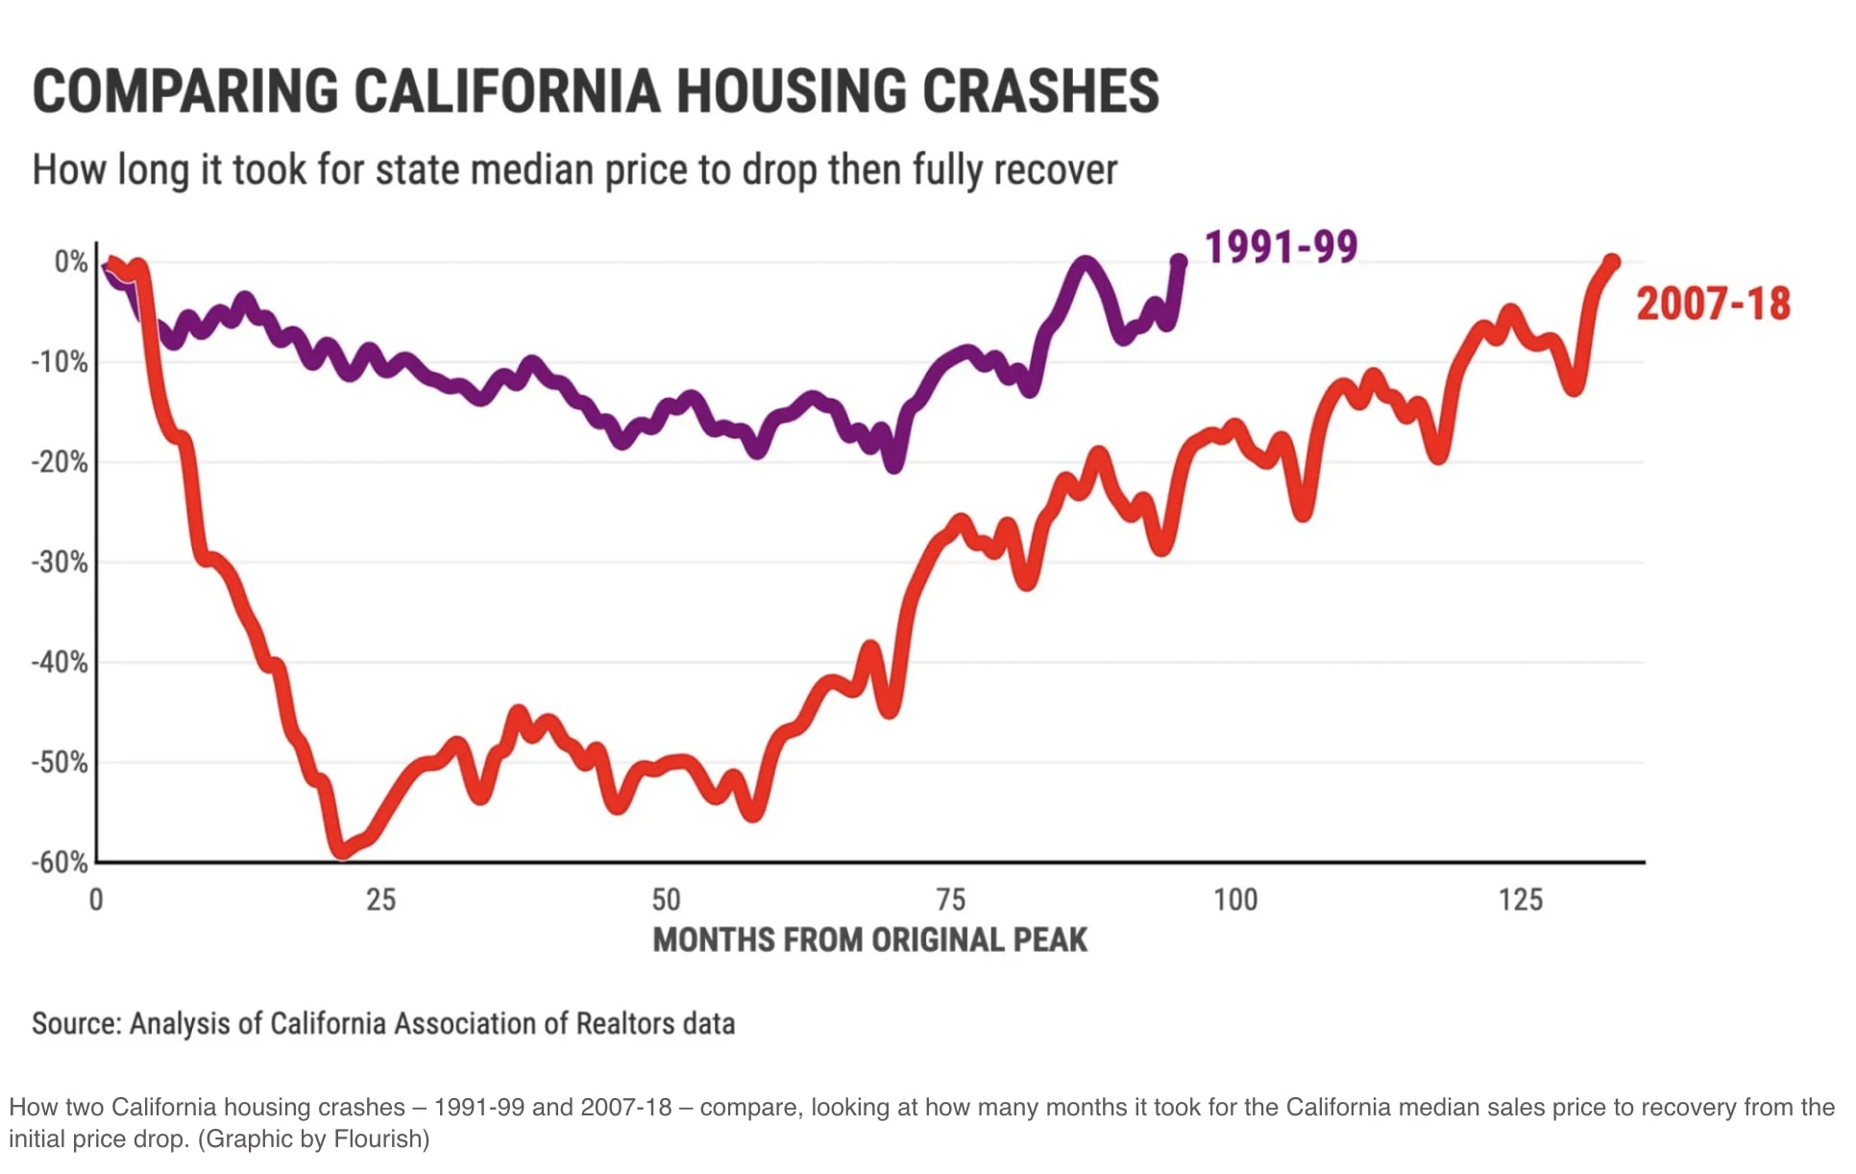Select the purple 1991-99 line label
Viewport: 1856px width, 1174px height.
point(1281,247)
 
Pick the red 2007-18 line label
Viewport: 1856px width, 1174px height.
point(1713,304)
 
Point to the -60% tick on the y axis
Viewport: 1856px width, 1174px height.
point(60,862)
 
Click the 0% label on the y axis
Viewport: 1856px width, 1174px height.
point(70,261)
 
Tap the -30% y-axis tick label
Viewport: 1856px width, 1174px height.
point(60,562)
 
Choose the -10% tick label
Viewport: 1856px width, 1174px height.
point(60,362)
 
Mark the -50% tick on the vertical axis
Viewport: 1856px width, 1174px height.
point(60,762)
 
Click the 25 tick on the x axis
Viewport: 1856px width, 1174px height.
point(380,900)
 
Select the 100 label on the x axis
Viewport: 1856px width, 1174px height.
point(1234,900)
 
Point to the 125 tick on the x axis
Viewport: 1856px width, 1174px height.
point(1520,900)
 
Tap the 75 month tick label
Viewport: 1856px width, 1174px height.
point(950,900)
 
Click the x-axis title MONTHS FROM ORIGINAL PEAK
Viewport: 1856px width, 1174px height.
point(869,940)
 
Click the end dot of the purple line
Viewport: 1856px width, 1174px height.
point(1179,260)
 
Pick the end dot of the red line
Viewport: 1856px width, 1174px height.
point(1612,262)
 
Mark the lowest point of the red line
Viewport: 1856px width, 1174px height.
point(342,851)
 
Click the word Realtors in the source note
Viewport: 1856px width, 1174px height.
point(625,1024)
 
